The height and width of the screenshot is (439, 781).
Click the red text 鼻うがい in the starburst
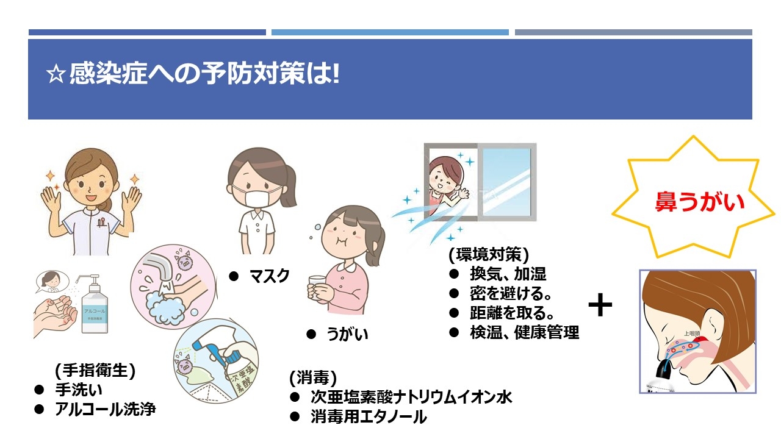pos(699,202)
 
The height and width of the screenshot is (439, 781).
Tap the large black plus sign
pos(600,305)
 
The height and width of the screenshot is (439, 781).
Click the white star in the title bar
pos(56,74)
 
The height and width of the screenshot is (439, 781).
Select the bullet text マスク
pos(270,276)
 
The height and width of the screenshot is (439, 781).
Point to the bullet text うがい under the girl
pos(347,334)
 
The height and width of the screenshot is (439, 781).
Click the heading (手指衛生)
pos(95,370)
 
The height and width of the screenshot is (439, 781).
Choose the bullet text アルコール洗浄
pos(106,409)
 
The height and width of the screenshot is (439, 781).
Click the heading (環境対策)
pos(489,254)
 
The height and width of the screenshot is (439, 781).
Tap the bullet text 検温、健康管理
pos(524,332)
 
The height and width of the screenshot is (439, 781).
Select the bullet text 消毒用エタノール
pos(369,416)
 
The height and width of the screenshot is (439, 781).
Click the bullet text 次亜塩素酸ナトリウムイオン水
pos(411,397)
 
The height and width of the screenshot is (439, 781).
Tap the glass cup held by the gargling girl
pos(317,287)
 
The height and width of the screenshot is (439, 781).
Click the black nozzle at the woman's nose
pos(664,371)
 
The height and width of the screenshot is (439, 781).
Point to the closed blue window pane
pos(507,182)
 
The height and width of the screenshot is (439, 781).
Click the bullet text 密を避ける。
pos(511,293)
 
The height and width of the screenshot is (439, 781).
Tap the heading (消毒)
pos(313,377)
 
